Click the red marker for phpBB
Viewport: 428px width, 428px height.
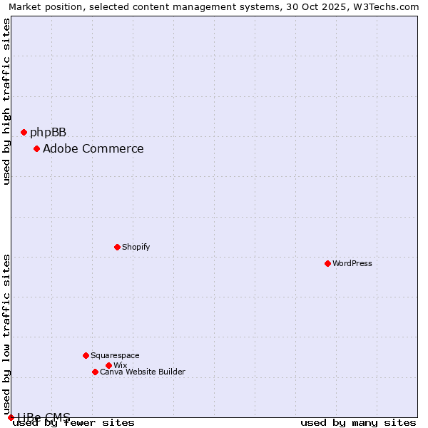tap(24, 132)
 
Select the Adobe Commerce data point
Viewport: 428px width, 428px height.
tap(36, 148)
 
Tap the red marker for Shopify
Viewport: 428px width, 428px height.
tap(117, 247)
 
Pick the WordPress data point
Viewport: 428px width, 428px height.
tap(327, 263)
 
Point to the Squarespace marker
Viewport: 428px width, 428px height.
tap(86, 355)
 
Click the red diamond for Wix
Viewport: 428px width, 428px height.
tap(108, 365)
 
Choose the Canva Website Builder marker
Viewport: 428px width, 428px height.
tap(95, 372)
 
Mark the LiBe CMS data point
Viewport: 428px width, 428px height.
tap(11, 417)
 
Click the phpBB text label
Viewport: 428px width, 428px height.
tap(48, 132)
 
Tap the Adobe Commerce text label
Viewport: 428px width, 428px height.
tap(93, 148)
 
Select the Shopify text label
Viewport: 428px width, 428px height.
tap(136, 247)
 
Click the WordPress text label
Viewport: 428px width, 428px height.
tap(352, 263)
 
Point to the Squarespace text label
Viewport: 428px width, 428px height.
tap(115, 355)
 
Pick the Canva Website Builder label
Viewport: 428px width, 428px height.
tap(142, 372)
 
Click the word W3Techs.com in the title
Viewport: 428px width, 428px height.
tap(388, 7)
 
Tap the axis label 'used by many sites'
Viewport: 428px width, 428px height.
tap(358, 422)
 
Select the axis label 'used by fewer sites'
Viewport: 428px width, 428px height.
tap(74, 422)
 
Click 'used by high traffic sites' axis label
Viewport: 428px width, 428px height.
tap(7, 101)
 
